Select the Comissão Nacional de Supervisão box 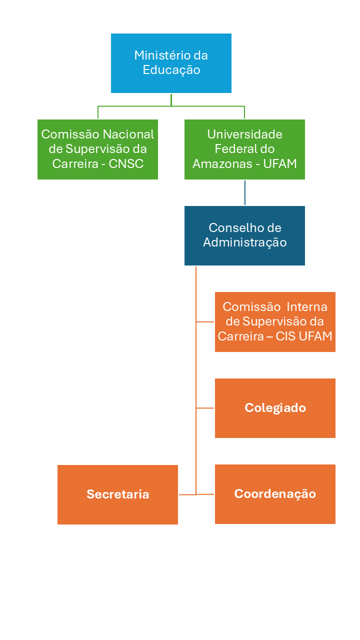coord(97,149)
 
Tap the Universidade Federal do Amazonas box coord(244,149)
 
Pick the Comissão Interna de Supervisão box coord(275,321)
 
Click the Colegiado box coord(275,408)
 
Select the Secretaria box coord(117,494)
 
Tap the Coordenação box coord(275,494)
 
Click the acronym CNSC coord(126,163)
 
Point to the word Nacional coord(128,134)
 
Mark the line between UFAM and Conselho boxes coord(244,192)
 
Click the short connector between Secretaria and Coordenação coord(187,494)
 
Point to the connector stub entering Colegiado coord(205,408)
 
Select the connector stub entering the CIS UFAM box coord(205,322)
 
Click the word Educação coord(171,70)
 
